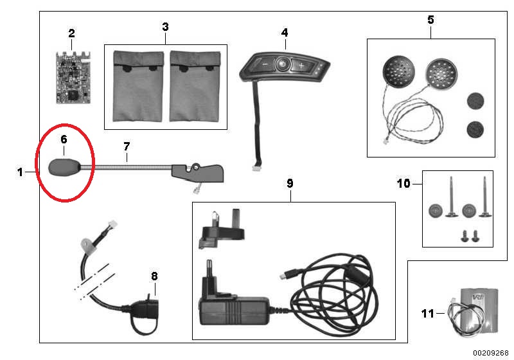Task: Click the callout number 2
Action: (x=71, y=33)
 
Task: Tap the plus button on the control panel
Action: (x=300, y=66)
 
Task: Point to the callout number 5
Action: (x=430, y=20)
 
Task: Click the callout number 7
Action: (x=127, y=147)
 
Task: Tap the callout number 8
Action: (x=154, y=276)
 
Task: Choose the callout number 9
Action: (x=290, y=183)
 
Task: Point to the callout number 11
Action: (x=428, y=314)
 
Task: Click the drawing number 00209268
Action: (x=490, y=352)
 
